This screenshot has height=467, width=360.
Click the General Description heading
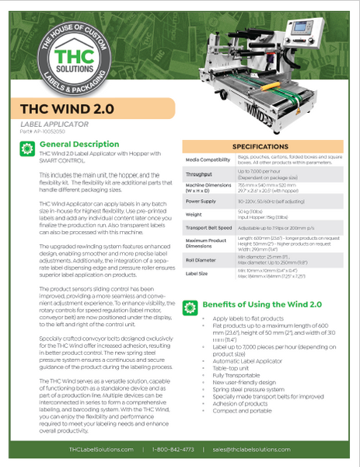[x=79, y=145]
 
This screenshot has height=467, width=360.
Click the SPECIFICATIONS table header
[x=261, y=146]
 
